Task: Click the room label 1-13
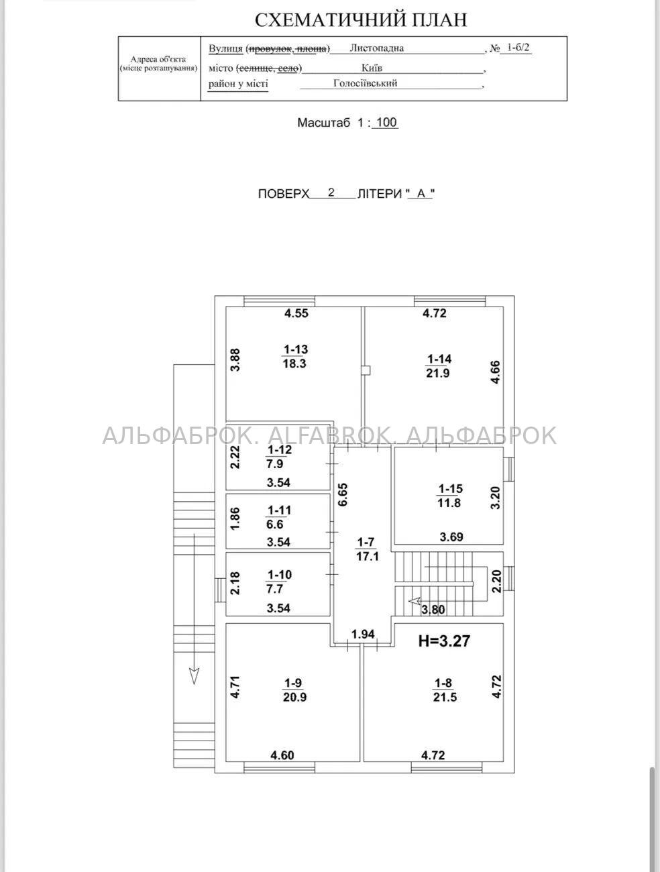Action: tap(295, 349)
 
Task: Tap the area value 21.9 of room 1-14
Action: tap(437, 374)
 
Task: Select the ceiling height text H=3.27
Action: tap(445, 641)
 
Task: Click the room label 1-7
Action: tap(366, 542)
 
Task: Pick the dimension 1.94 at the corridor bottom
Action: tap(363, 634)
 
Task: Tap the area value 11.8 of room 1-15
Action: tap(449, 503)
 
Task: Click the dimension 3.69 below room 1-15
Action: tap(451, 537)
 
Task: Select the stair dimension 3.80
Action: tap(433, 610)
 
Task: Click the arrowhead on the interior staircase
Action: tap(415, 601)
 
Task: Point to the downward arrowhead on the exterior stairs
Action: tap(194, 675)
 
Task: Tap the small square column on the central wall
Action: tap(366, 371)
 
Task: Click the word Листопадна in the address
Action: tap(376, 48)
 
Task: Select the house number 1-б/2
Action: tap(518, 48)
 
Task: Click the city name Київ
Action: tap(372, 68)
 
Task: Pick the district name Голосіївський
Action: tap(366, 83)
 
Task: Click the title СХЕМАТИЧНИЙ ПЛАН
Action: tap(361, 20)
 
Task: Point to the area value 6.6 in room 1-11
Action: tap(275, 525)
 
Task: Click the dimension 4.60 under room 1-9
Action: tap(282, 755)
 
